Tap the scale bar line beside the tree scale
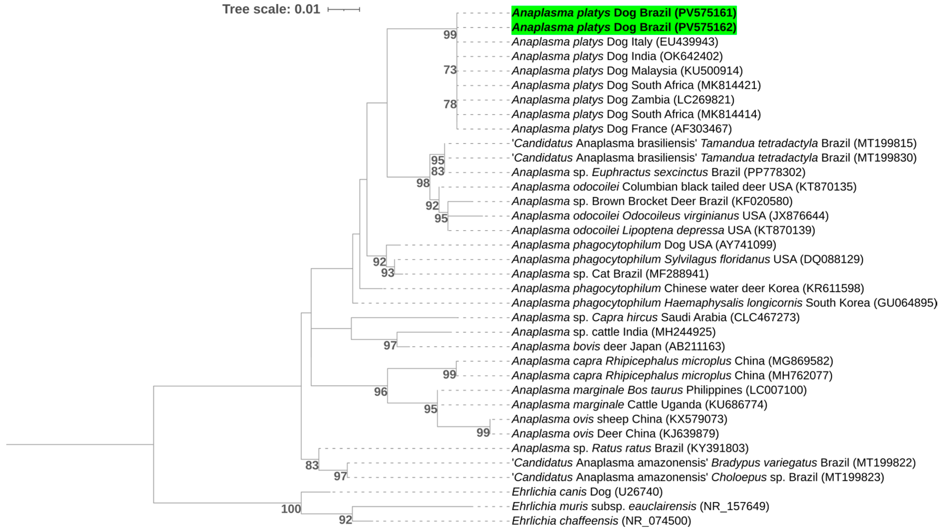point(344,9)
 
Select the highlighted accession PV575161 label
point(624,13)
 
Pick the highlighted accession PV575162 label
point(624,27)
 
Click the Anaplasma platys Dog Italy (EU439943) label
point(615,42)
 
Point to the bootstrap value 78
point(450,104)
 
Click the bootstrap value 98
point(423,183)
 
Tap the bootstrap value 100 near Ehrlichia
point(291,508)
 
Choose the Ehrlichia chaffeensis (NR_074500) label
point(601,520)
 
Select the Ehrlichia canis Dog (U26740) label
point(587,492)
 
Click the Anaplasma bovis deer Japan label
point(618,346)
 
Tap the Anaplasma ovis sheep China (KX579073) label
point(619,419)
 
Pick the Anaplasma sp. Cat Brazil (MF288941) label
point(610,274)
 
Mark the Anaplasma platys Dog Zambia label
point(623,100)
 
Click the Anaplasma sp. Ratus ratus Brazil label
point(630,448)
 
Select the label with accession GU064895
point(724,303)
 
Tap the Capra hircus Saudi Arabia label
point(655,317)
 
